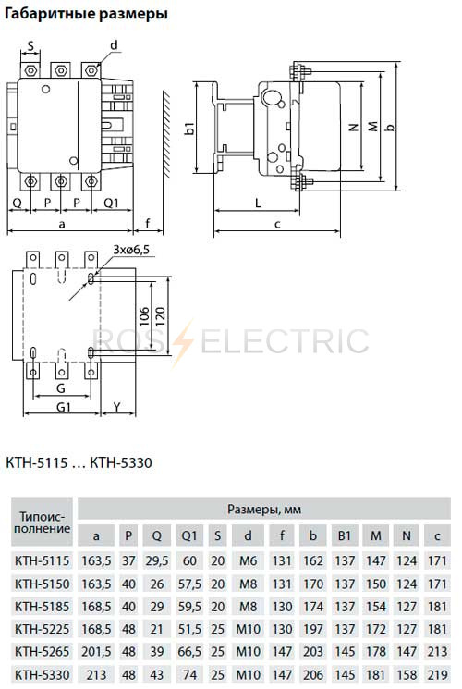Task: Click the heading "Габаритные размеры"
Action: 86,14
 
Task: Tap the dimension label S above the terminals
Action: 30,45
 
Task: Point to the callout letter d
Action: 114,45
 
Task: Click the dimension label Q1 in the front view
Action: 111,203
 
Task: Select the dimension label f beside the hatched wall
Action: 148,223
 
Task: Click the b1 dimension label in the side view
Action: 189,129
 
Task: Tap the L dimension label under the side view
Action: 258,203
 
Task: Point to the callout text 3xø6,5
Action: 131,250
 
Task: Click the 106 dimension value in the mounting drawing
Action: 144,316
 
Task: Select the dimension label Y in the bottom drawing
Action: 116,407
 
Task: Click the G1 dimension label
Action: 64,407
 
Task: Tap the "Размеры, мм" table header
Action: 264,510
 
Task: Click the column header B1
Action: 345,535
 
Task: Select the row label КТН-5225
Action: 43,629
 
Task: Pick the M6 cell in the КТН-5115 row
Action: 248,560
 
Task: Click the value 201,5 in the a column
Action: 96,652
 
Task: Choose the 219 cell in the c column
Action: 437,674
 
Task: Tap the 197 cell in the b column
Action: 312,629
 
